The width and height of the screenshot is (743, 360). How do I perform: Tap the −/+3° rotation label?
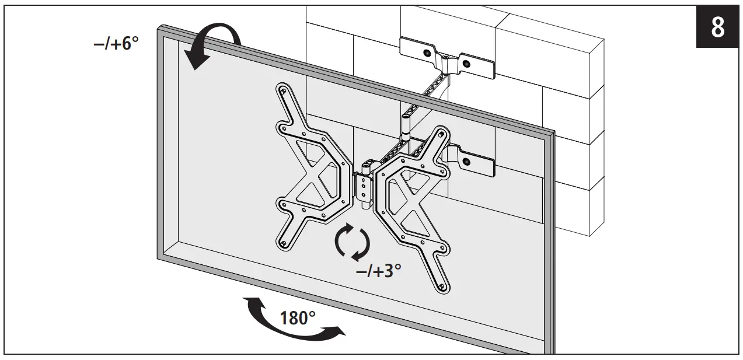click(378, 271)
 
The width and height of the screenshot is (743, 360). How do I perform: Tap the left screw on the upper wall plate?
click(427, 53)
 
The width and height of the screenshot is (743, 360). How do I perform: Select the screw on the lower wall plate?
click(465, 160)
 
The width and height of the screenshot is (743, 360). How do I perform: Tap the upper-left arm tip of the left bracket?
click(283, 92)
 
